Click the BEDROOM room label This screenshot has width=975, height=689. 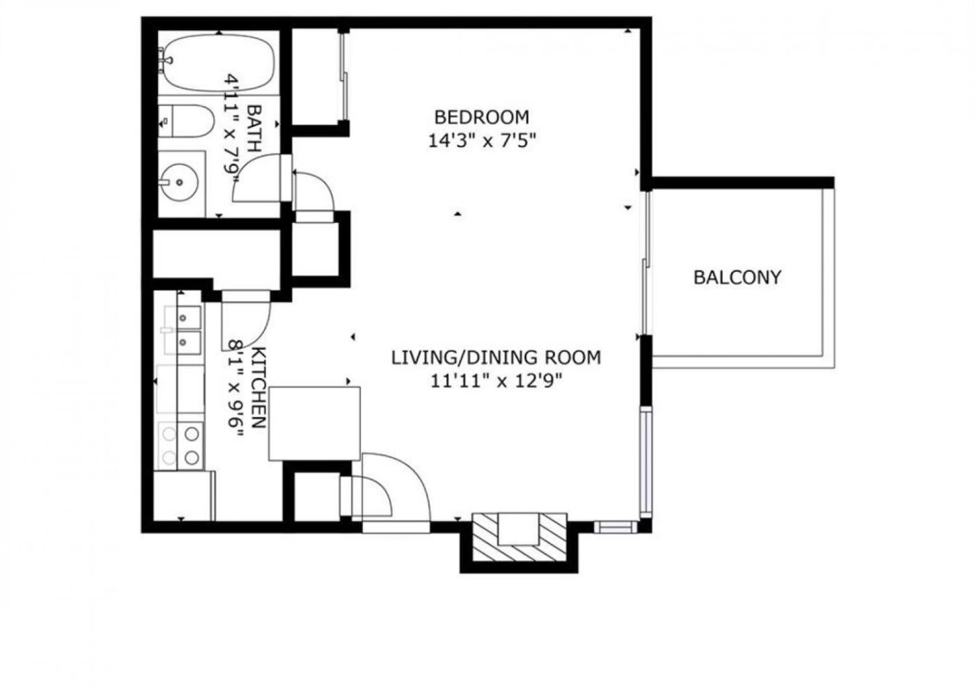click(482, 117)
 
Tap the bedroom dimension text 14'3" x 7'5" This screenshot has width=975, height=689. click(482, 141)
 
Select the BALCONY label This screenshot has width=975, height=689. click(738, 277)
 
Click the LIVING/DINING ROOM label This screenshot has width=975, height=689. click(496, 357)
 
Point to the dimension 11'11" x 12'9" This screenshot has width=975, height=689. click(496, 381)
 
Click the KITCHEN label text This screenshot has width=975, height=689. click(258, 387)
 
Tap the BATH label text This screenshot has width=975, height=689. click(254, 128)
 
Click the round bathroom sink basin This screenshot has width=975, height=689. click(179, 182)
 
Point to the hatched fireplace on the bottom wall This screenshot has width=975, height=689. click(520, 536)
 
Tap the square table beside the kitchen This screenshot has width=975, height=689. click(314, 424)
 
